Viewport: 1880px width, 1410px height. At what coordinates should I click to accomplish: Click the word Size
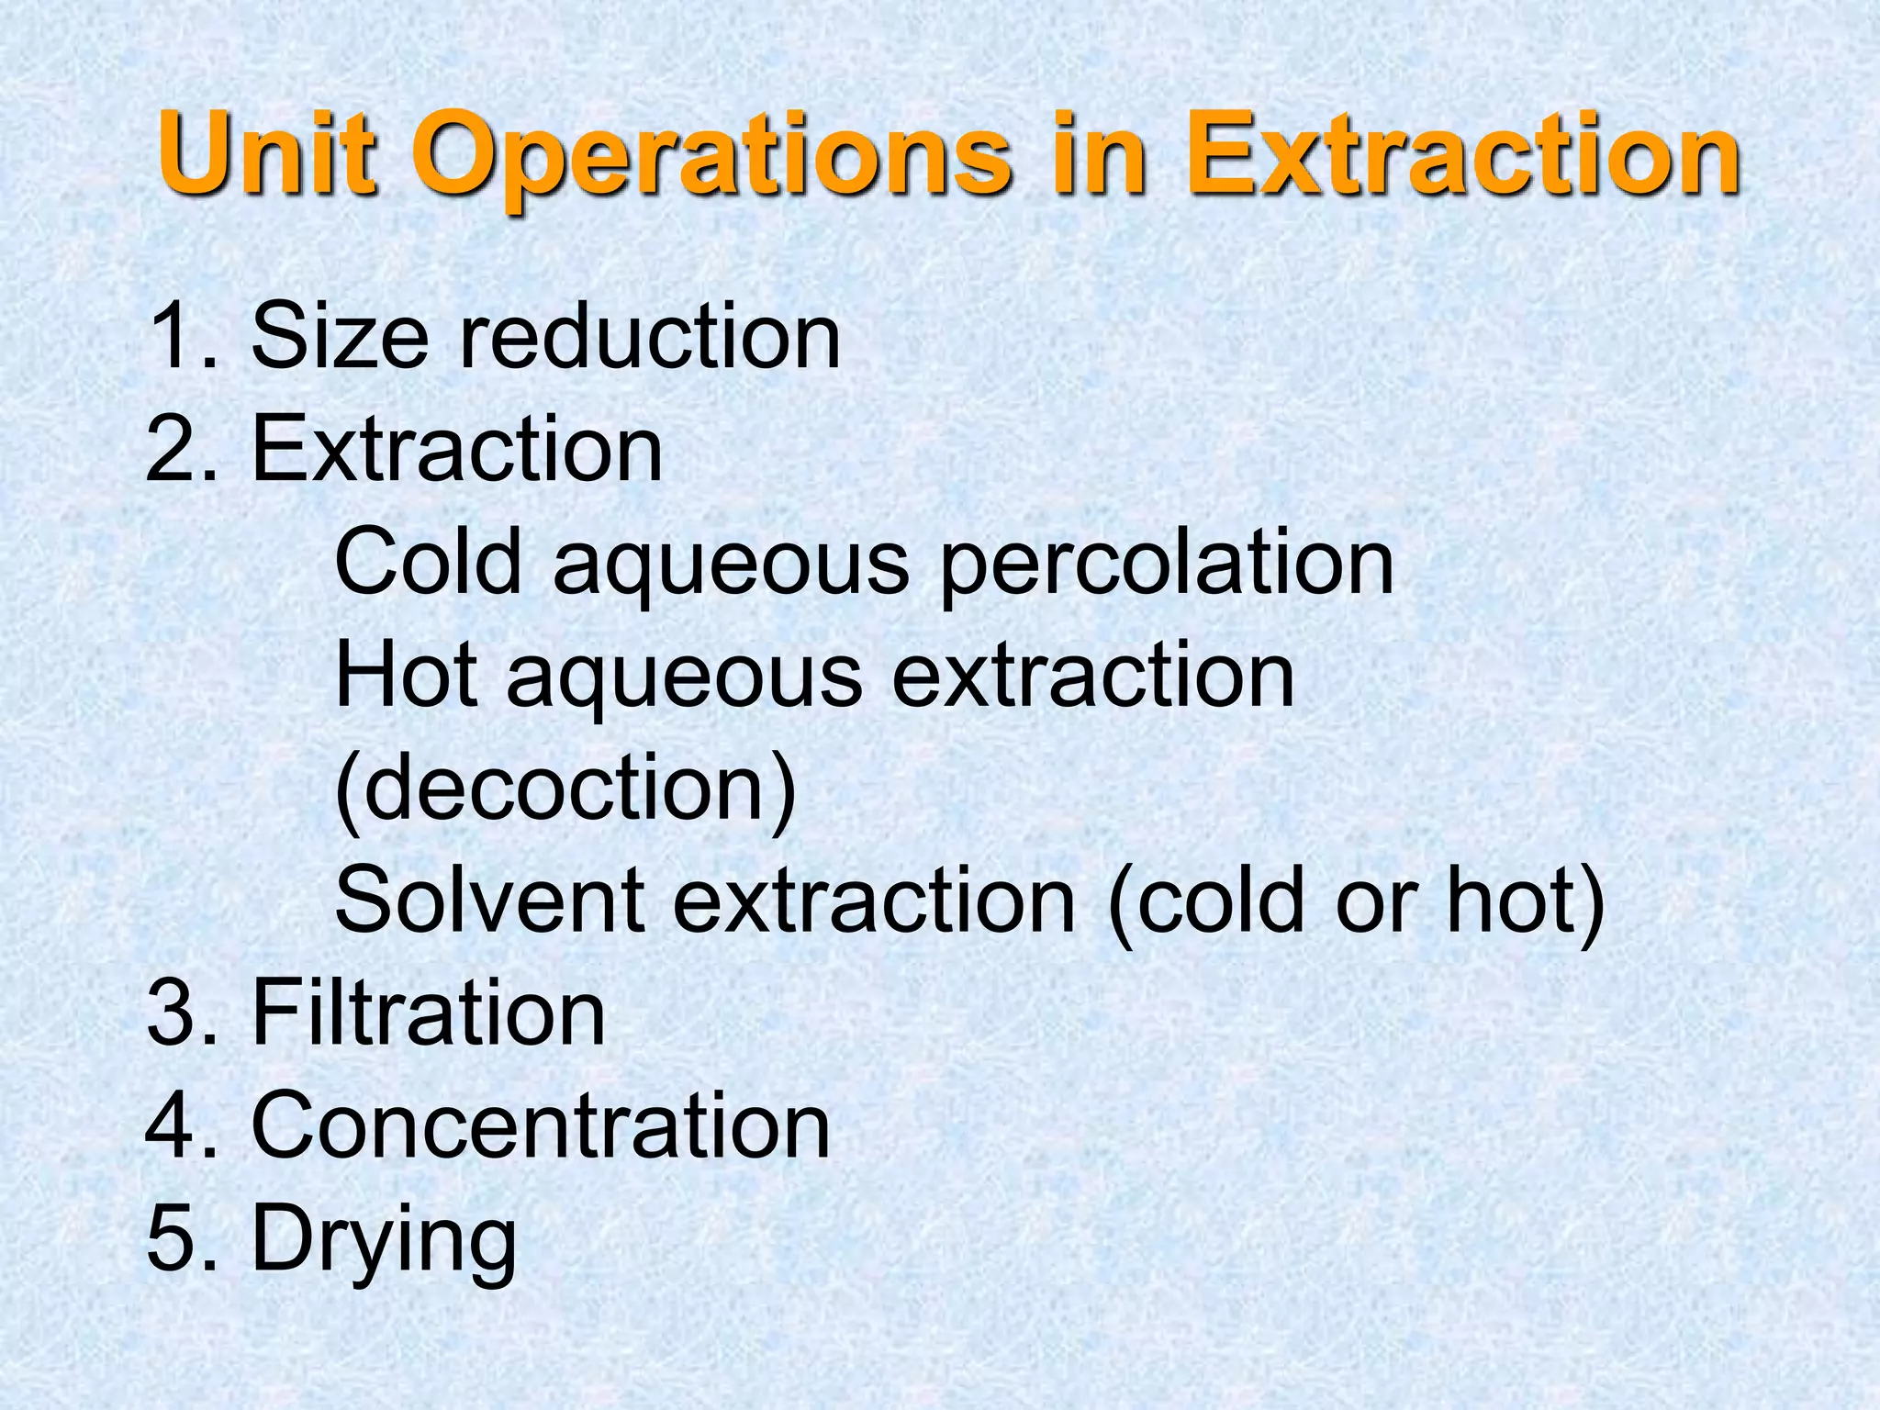[340, 337]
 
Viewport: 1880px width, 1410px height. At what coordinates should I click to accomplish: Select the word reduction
[649, 337]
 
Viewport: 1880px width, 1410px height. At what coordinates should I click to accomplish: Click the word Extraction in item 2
[456, 449]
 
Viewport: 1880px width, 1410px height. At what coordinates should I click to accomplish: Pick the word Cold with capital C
[429, 562]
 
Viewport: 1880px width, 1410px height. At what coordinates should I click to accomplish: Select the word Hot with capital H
[406, 675]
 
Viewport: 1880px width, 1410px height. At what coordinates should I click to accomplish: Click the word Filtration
[428, 1013]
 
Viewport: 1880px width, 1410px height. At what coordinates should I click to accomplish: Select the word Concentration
[541, 1125]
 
